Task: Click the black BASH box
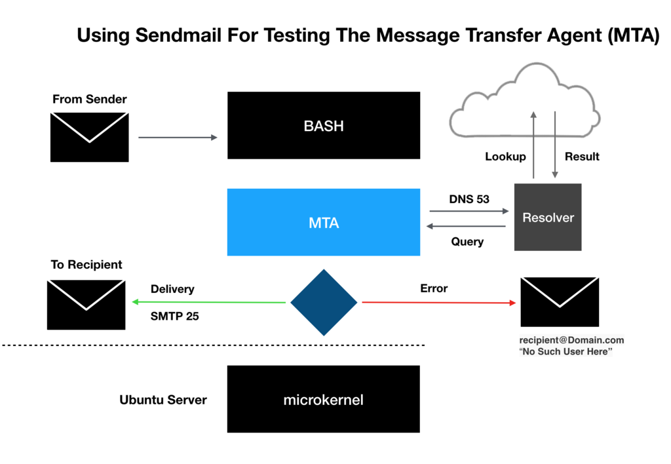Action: [x=323, y=125]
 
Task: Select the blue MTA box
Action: [x=323, y=222]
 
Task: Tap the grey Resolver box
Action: [x=548, y=217]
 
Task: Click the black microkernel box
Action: [x=323, y=399]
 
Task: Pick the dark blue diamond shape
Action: [x=324, y=302]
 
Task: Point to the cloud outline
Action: [x=524, y=98]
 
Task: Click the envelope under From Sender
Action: [x=89, y=137]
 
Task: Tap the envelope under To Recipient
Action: [x=86, y=305]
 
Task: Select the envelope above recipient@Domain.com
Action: [x=559, y=301]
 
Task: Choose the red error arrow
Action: [x=438, y=302]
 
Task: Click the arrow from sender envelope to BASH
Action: [x=178, y=138]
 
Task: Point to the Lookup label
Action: [x=505, y=157]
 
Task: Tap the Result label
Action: [x=582, y=157]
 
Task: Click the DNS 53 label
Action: [x=469, y=199]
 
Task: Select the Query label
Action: [x=467, y=242]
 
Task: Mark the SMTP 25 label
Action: [x=174, y=316]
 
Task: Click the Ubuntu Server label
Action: [x=163, y=400]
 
